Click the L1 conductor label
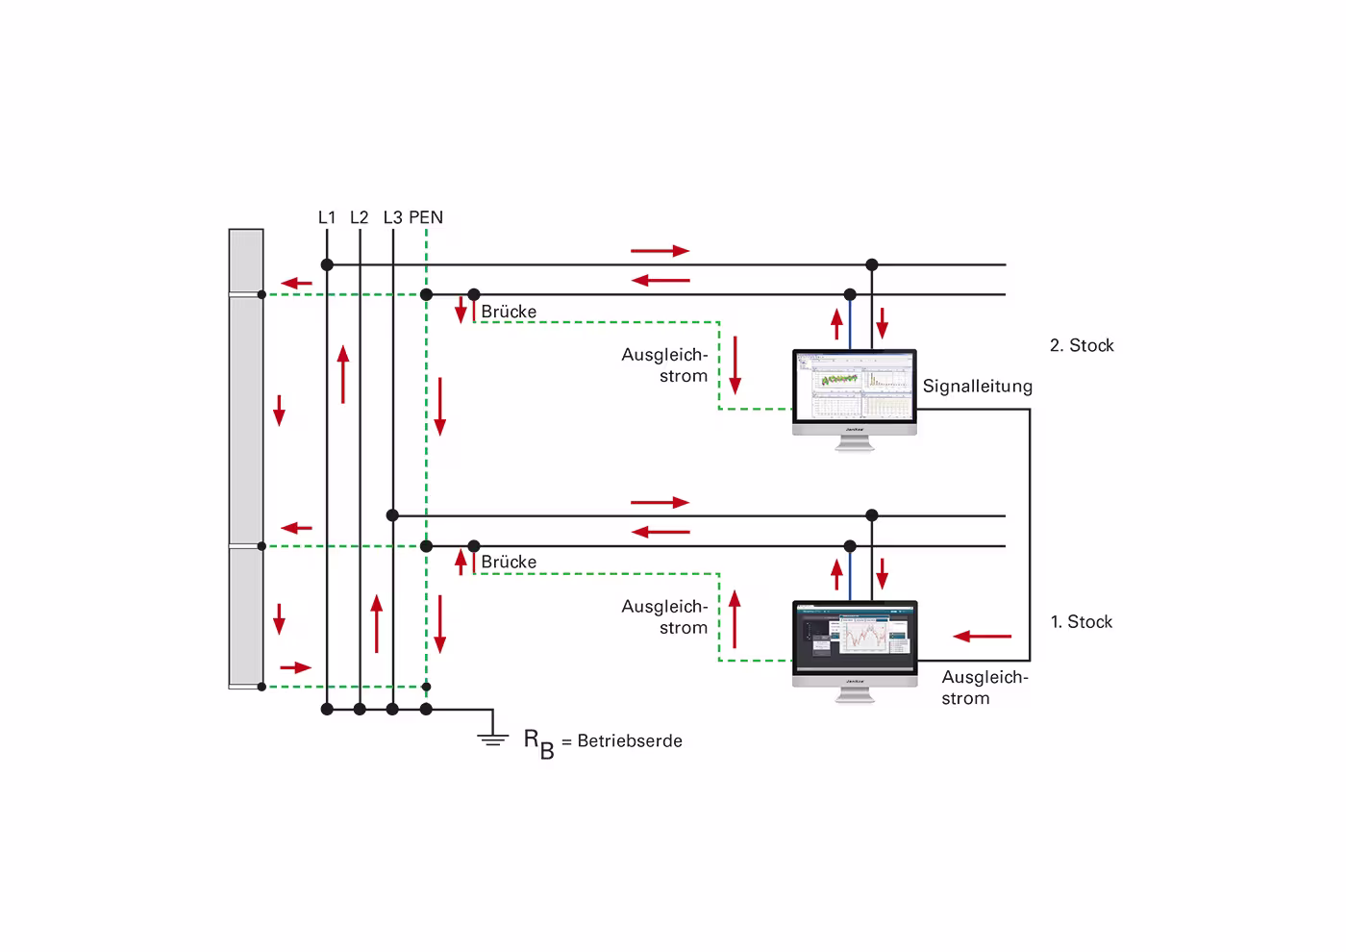click(x=327, y=217)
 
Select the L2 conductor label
click(x=359, y=217)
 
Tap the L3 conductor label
click(x=392, y=217)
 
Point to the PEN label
click(x=426, y=217)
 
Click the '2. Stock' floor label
click(x=1082, y=345)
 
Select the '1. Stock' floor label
click(x=1082, y=622)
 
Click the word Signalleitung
click(x=977, y=387)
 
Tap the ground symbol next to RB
click(x=493, y=736)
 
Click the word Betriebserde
click(x=630, y=741)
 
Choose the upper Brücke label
click(x=509, y=312)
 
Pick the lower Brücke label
click(x=509, y=562)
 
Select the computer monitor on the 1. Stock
click(x=855, y=643)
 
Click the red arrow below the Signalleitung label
click(x=983, y=637)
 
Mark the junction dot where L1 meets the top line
click(x=327, y=264)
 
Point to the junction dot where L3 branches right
click(x=392, y=515)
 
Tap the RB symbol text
click(x=538, y=742)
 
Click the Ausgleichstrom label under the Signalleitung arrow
click(x=984, y=688)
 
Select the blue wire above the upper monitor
click(x=850, y=322)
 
